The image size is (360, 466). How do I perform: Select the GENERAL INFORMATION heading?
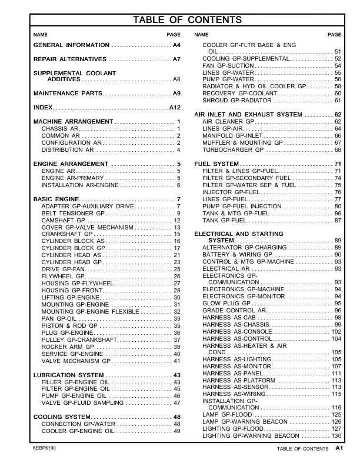coord(71,45)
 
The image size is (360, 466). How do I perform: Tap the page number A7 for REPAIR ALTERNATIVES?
coord(176,60)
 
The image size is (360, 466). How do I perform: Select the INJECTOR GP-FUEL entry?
coord(231,192)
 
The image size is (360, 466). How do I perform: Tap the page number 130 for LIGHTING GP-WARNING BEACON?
coord(336,435)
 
